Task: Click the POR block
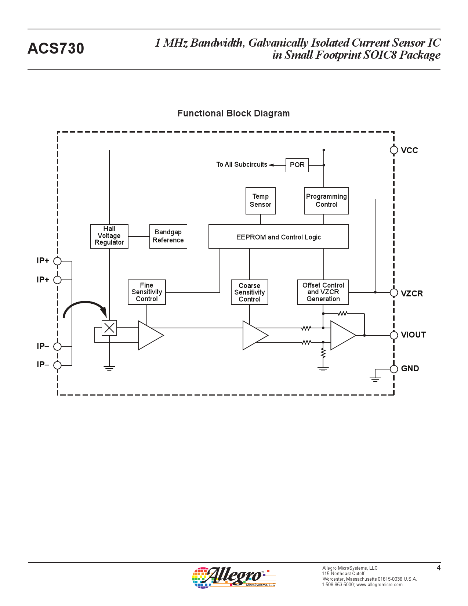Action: [x=297, y=165]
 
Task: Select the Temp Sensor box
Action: [x=261, y=201]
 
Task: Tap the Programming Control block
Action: [x=326, y=201]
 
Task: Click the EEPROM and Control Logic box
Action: [x=279, y=237]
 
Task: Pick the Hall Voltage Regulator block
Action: [x=109, y=236]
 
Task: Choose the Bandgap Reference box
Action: [x=168, y=236]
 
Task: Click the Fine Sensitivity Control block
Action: [x=147, y=292]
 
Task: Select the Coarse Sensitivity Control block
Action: [x=250, y=292]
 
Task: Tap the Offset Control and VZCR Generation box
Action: [x=323, y=292]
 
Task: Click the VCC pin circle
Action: [x=394, y=150]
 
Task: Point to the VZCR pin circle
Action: [x=394, y=293]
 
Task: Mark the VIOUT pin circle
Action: [x=394, y=335]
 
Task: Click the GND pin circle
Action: [x=394, y=369]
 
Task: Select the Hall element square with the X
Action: [x=109, y=328]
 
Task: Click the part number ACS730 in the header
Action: [x=56, y=48]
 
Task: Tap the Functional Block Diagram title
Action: [x=233, y=113]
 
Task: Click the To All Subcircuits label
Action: [x=242, y=165]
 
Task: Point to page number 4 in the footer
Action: [x=438, y=568]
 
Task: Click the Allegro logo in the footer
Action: [x=234, y=577]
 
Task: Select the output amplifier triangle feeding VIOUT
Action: [x=342, y=335]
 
